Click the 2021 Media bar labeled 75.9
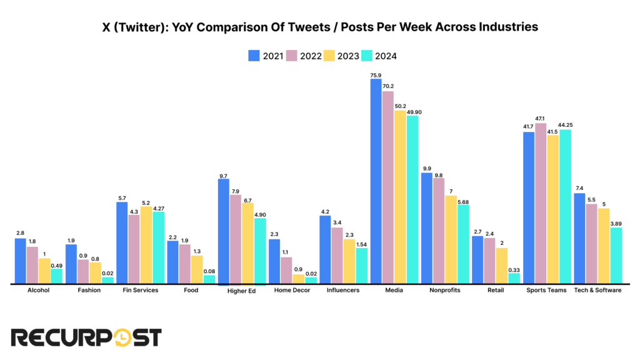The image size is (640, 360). pos(376,181)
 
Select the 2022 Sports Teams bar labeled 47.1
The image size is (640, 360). pos(541,204)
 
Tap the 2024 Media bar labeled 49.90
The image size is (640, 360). pos(412,199)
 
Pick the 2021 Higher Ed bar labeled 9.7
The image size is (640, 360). pos(223,231)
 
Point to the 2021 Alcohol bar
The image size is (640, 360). pos(21,261)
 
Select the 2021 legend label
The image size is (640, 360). pos(272,56)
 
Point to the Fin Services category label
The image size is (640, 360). pos(140,290)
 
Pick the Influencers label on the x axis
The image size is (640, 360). pos(344,290)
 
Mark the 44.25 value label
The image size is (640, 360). pos(565,125)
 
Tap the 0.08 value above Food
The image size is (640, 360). pos(209,271)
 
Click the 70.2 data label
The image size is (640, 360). pos(388,86)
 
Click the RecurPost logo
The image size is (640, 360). pos(86,337)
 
